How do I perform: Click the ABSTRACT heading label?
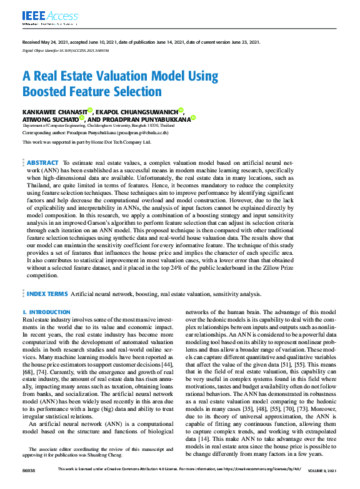[x=43, y=162]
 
